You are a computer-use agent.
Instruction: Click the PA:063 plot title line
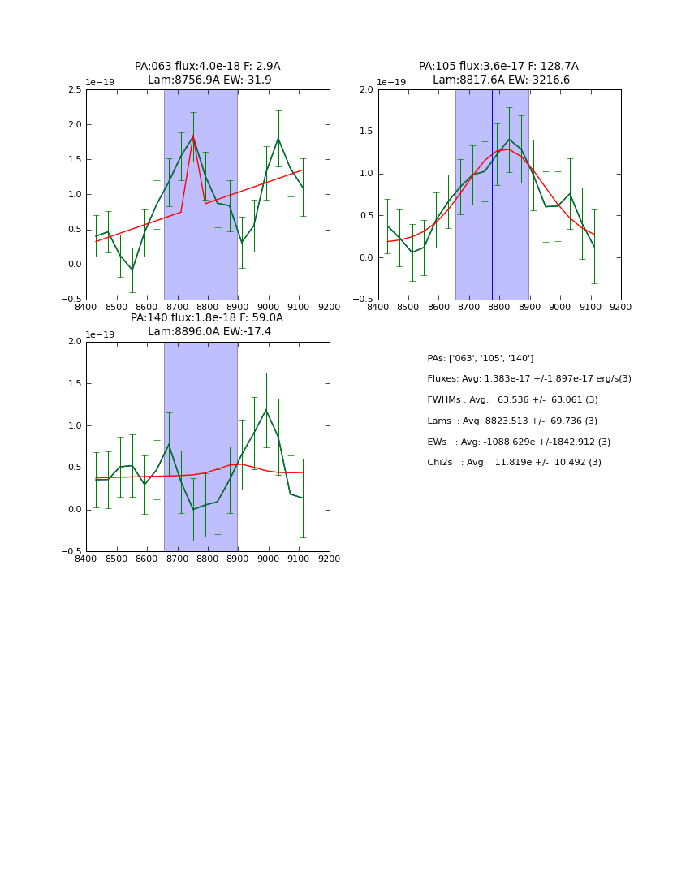coord(207,67)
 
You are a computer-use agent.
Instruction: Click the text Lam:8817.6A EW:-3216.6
coord(501,80)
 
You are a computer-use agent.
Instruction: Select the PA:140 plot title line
coord(206,318)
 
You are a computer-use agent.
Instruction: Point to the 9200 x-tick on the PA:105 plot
coord(621,307)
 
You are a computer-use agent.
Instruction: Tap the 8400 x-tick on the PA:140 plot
coord(86,559)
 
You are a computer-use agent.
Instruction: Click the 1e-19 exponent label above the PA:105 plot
coord(391,83)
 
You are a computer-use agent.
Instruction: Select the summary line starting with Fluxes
coord(528,379)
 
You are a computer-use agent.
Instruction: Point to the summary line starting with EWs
coord(519,442)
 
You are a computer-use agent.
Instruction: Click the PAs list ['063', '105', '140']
coord(480,358)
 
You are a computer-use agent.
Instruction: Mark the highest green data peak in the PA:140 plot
coord(265,409)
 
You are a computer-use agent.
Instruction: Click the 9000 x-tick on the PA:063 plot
coord(269,307)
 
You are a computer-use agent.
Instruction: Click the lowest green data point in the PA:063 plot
coord(132,270)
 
